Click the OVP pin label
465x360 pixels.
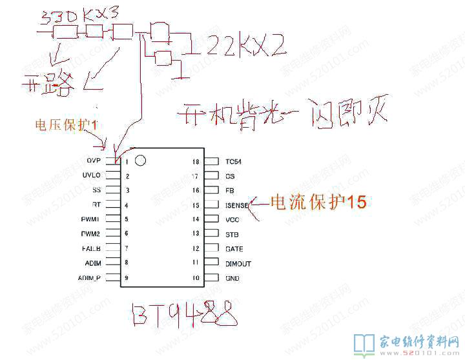tap(94, 160)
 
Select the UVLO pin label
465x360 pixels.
tap(92, 175)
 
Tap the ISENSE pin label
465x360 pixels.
tap(237, 205)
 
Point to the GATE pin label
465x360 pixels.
tap(234, 248)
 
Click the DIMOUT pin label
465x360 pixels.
tap(238, 264)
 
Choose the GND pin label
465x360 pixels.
tap(232, 279)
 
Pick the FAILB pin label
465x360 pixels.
tap(90, 248)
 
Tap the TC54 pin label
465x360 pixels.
tap(234, 161)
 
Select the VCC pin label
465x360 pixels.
tap(232, 220)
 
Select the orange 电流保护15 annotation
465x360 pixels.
tap(317, 203)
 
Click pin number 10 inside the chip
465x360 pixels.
tap(196, 279)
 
